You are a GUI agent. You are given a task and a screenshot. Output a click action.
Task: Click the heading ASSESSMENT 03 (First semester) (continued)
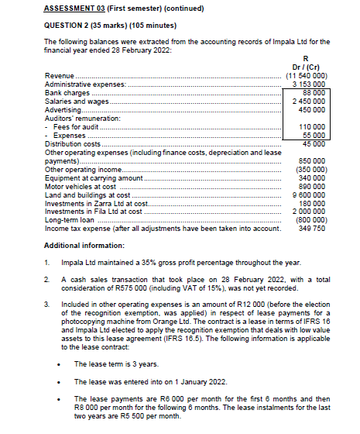click(x=124, y=9)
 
